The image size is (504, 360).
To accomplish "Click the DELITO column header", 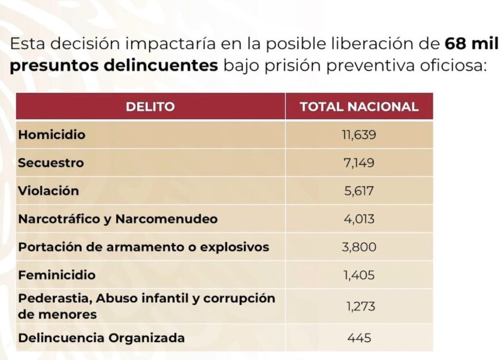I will (x=150, y=107).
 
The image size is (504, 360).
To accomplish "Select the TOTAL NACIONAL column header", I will (x=359, y=107).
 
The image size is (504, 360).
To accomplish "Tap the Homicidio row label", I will (x=52, y=135).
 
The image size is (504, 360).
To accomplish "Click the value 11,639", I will (x=359, y=135).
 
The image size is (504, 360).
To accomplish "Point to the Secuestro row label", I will (x=51, y=163).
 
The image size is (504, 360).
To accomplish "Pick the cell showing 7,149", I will (x=359, y=163).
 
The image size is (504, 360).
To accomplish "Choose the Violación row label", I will (x=48, y=191).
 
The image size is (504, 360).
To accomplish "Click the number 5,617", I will (x=359, y=191).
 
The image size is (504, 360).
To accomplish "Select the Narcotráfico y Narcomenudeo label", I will (x=118, y=219).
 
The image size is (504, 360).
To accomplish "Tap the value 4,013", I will (x=359, y=219).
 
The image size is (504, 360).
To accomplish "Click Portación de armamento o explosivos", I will (x=143, y=247).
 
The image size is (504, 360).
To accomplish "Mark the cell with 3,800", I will (x=359, y=247).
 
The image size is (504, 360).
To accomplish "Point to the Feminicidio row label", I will (x=56, y=275).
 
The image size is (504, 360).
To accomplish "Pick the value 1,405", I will (x=359, y=275).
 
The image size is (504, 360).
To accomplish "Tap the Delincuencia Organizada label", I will (x=101, y=338).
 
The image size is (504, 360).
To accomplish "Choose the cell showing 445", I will (x=359, y=338).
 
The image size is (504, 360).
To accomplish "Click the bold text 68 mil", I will (x=471, y=44).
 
